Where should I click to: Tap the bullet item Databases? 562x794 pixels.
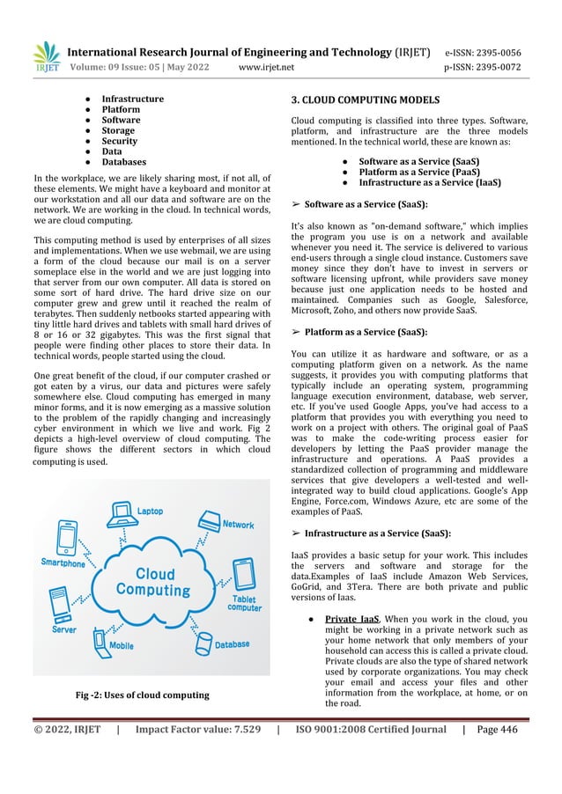[x=123, y=162]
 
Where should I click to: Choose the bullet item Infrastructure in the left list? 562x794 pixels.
[x=132, y=99]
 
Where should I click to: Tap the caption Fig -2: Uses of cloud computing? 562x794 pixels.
[x=143, y=695]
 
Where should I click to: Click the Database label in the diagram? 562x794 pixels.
[x=232, y=644]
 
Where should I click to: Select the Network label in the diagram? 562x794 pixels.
[x=238, y=525]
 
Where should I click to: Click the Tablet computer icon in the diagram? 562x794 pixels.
[x=243, y=573]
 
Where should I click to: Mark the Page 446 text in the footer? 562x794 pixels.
[x=497, y=728]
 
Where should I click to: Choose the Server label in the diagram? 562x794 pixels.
[x=63, y=629]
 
